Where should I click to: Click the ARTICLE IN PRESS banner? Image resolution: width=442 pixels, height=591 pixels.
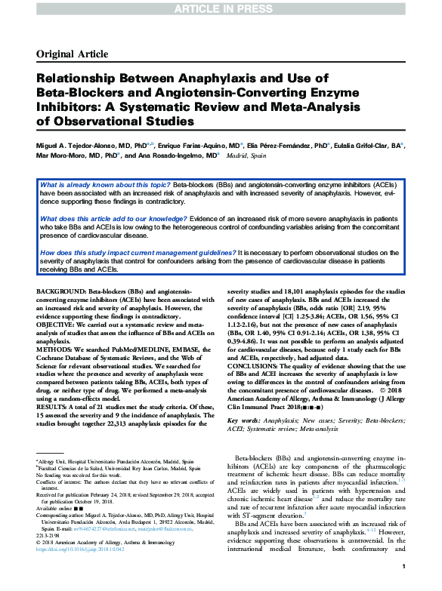(221, 8)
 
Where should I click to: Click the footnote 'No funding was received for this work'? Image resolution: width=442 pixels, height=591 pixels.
(77, 471)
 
